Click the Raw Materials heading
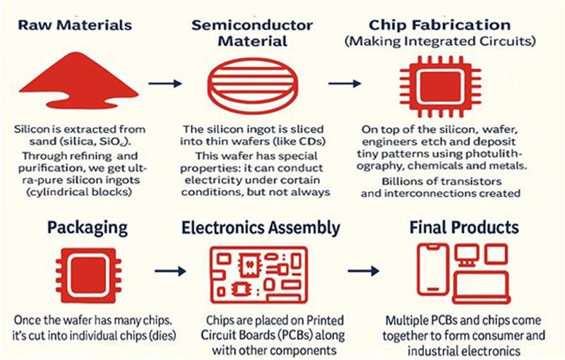coord(75,25)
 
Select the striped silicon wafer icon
coord(253,85)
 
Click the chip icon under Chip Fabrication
coord(440,87)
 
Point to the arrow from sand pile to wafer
coord(165,83)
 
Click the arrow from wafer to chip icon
coord(345,83)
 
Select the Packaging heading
coord(88,227)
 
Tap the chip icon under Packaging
coord(88,275)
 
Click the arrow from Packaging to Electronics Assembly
coord(170,271)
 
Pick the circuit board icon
coord(258,275)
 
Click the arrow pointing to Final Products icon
coord(363,271)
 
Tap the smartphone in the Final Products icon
coord(433,269)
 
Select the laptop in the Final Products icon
coord(482,288)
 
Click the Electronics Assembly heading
coord(261,227)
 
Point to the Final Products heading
coord(464,227)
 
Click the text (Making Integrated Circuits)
coord(440,41)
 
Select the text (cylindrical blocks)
coord(79,192)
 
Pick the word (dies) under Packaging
coord(162,335)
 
